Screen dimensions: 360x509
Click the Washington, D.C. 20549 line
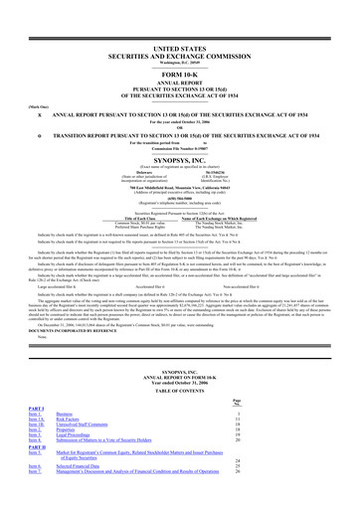[180, 38]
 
